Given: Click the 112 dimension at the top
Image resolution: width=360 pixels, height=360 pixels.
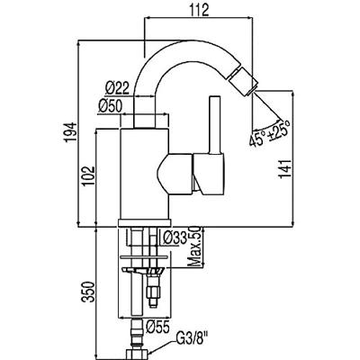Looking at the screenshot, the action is (x=199, y=11).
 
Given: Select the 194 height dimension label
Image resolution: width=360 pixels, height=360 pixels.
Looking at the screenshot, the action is (x=70, y=132).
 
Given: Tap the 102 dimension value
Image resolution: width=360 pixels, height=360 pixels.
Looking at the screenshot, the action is (x=89, y=175).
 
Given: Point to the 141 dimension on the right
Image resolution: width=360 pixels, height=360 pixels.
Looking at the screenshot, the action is (x=285, y=168).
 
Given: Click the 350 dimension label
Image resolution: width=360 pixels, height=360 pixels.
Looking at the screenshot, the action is (x=89, y=292).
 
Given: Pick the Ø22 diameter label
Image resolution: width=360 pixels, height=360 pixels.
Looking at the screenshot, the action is (x=117, y=88).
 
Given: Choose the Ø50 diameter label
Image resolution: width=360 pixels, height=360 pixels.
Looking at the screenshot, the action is (x=110, y=106).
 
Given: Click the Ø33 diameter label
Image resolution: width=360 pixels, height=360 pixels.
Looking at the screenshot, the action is (x=175, y=238).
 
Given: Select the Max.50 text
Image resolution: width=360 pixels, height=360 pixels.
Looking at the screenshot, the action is (x=195, y=247).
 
